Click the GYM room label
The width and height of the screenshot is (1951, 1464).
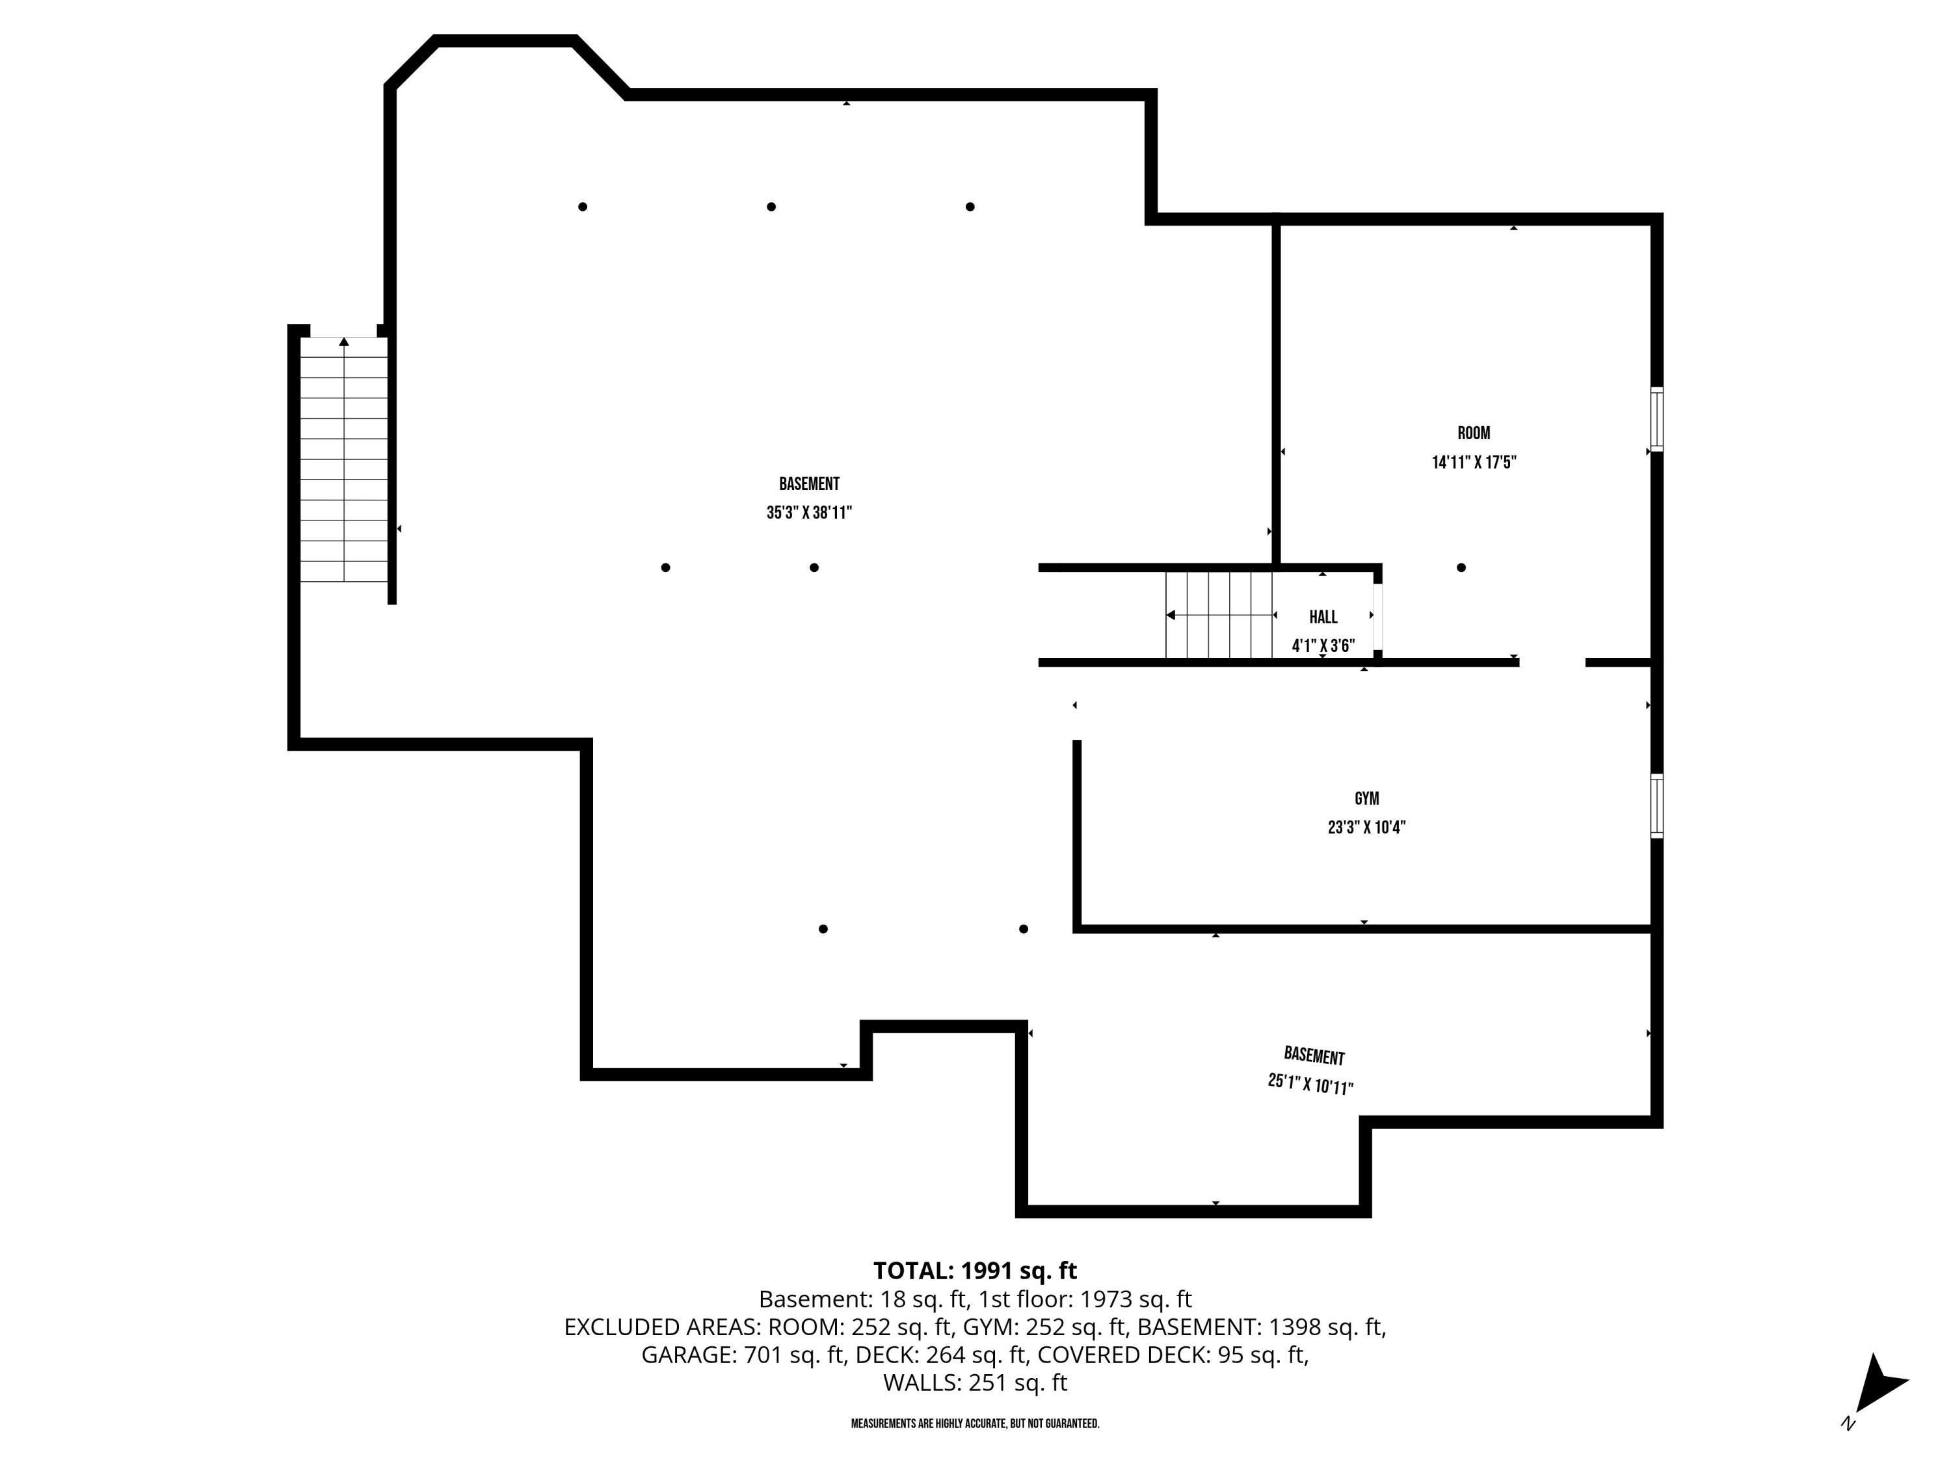pyautogui.click(x=1366, y=798)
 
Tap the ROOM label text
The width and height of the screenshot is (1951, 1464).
pyautogui.click(x=1474, y=433)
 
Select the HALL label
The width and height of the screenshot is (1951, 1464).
pyautogui.click(x=1323, y=617)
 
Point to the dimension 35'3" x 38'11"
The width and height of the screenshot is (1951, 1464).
pyautogui.click(x=809, y=513)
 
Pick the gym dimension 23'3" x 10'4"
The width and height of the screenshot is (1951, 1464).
pyautogui.click(x=1366, y=828)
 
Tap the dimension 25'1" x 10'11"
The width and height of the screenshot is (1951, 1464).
pyautogui.click(x=1310, y=1083)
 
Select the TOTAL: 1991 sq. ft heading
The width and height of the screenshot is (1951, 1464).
pyautogui.click(x=975, y=1271)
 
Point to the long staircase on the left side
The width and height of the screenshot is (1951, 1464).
pyautogui.click(x=344, y=459)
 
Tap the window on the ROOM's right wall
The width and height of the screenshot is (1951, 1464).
pyautogui.click(x=1657, y=419)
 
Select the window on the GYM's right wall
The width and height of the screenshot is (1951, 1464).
pyautogui.click(x=1657, y=806)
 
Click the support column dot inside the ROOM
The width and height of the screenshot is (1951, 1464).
pyautogui.click(x=1461, y=567)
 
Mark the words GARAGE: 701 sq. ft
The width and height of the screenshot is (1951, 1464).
pyautogui.click(x=743, y=1355)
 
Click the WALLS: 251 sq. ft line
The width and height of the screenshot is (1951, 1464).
pyautogui.click(x=975, y=1383)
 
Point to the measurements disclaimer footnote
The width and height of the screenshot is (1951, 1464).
pyautogui.click(x=975, y=1424)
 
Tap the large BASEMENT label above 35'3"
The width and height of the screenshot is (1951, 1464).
pyautogui.click(x=809, y=483)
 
